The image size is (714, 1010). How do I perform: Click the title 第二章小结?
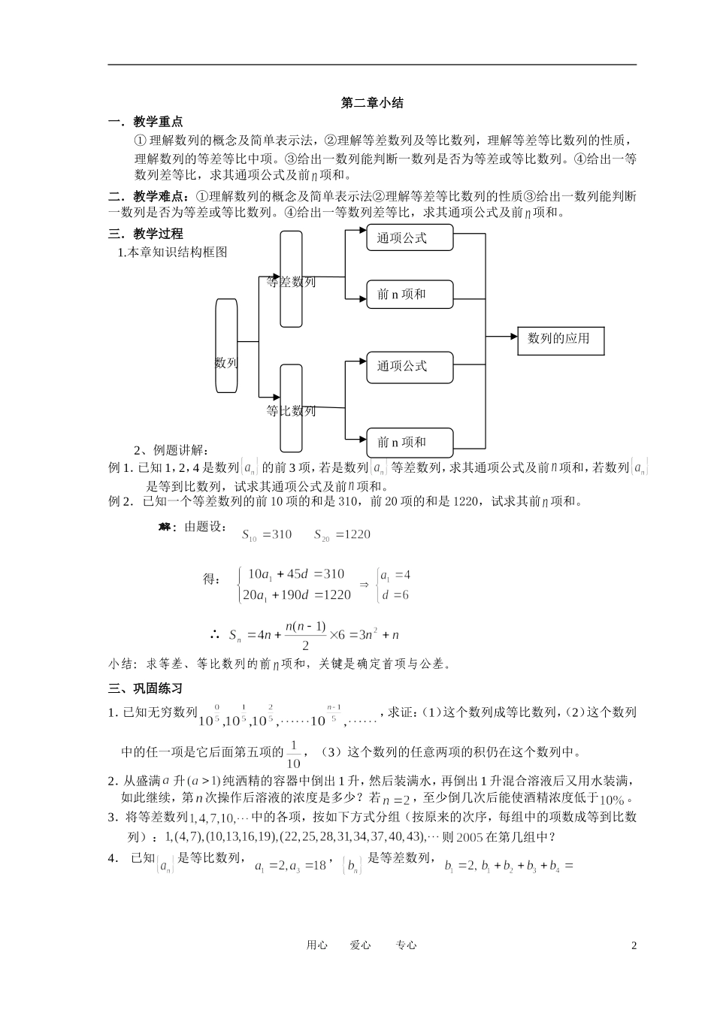point(372,103)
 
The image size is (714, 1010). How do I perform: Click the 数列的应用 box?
point(560,340)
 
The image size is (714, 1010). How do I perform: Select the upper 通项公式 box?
point(410,239)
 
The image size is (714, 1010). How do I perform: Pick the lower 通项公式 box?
point(410,367)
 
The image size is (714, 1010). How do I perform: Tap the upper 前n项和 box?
point(410,295)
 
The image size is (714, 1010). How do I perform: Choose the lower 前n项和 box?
point(410,443)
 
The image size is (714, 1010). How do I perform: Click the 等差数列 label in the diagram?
point(292,283)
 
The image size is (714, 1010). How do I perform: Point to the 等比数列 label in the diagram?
point(292,411)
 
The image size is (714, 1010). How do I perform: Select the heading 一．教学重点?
point(146,122)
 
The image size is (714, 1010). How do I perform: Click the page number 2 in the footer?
point(634,945)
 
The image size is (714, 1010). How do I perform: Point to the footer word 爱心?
point(361,945)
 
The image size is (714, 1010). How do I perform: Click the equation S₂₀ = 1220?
point(342,535)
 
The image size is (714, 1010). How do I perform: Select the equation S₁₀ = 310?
point(267,535)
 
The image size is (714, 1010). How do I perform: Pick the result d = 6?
point(395,595)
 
